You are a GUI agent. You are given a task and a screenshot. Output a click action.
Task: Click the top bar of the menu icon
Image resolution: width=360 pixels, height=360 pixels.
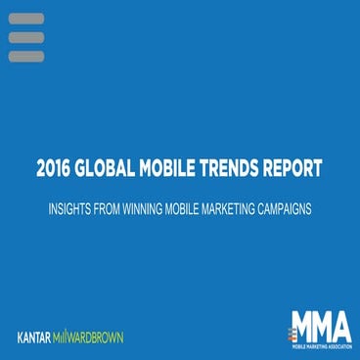(x=25, y=19)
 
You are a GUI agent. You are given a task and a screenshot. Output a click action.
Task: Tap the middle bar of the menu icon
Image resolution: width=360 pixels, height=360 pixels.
(x=25, y=37)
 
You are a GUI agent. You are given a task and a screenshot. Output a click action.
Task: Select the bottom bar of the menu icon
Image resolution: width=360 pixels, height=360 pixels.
(x=25, y=56)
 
